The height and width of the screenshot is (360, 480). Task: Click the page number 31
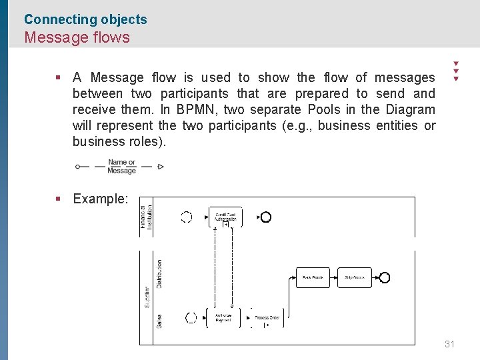[x=449, y=344]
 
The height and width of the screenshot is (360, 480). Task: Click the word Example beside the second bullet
[x=99, y=199]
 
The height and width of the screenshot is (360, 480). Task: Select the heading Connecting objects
[x=85, y=19]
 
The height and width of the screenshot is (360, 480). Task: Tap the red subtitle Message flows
[x=77, y=37]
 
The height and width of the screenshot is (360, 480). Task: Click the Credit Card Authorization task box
[x=226, y=217]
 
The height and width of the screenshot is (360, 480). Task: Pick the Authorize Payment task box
[x=223, y=318]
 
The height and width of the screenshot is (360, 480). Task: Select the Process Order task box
[x=267, y=318]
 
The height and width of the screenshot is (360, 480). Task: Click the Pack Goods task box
[x=313, y=277]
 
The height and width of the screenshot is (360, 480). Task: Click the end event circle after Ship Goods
[x=384, y=277]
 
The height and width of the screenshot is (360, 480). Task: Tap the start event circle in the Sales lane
[x=191, y=318]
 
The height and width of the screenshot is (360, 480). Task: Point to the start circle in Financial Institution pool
[x=187, y=217]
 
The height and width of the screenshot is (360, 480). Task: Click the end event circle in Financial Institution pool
[x=266, y=217]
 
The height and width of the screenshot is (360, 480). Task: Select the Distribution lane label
[x=159, y=273]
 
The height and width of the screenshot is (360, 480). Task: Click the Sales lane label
[x=159, y=321]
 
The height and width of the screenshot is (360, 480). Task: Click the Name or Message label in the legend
[x=121, y=166]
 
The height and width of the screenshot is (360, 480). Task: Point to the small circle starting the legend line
[x=78, y=167]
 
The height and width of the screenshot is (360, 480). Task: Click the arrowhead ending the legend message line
[x=161, y=167]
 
